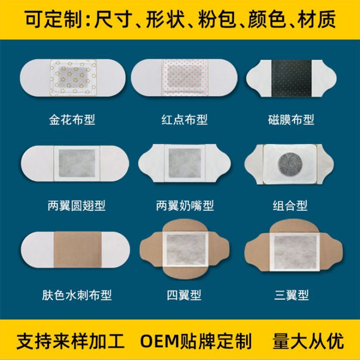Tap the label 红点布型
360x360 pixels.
[x=184, y=119]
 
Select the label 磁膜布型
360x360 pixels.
[x=291, y=119]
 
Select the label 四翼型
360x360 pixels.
[x=184, y=294]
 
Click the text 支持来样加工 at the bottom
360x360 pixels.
[x=71, y=341]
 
